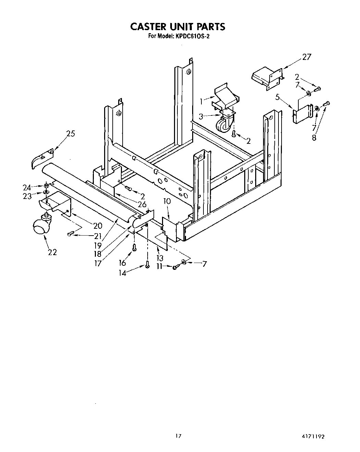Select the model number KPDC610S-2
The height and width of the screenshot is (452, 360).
pos(192,36)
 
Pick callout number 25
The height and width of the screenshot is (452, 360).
pos(71,134)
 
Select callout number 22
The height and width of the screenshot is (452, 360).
pos(52,252)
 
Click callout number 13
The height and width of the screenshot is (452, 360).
pos(160,258)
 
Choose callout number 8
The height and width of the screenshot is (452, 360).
pos(314,138)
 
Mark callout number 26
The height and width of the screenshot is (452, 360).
pos(142,204)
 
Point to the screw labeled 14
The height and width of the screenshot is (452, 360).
pos(148,264)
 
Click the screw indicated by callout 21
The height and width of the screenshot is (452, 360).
pos(70,234)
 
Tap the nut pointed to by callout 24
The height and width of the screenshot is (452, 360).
pos(46,186)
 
